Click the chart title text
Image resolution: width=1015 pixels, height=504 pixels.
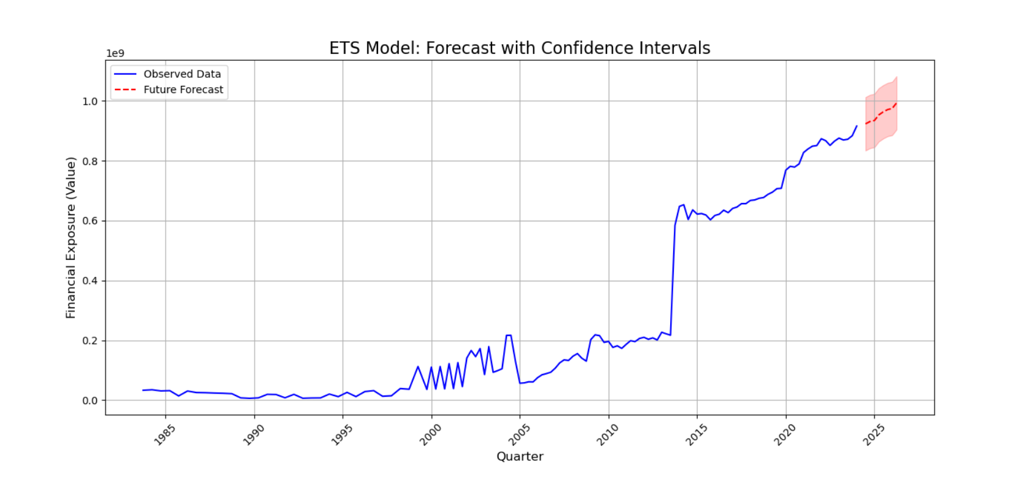(x=519, y=48)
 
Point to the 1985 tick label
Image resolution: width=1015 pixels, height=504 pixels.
(x=164, y=435)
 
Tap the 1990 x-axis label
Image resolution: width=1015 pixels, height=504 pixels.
(x=253, y=435)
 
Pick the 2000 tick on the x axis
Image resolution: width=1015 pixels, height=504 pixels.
(x=430, y=435)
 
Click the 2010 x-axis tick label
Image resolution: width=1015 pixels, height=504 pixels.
(x=608, y=435)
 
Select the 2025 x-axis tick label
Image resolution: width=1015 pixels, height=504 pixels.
(x=873, y=435)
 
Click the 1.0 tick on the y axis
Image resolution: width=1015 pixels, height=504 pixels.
(x=90, y=101)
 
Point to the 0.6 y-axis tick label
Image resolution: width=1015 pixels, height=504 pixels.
(x=90, y=221)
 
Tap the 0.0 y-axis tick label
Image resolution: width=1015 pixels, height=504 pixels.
(x=90, y=400)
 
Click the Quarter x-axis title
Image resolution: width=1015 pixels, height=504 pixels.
(x=520, y=456)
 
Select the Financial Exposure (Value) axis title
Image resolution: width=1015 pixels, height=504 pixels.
(x=71, y=238)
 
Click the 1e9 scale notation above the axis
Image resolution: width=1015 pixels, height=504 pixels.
(x=115, y=53)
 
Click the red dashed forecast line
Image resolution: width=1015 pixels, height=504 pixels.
(x=882, y=113)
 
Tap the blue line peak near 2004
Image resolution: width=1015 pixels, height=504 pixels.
(x=508, y=335)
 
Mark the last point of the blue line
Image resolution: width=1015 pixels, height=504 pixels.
(x=857, y=126)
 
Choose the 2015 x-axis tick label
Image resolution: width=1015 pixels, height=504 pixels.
(x=696, y=435)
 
